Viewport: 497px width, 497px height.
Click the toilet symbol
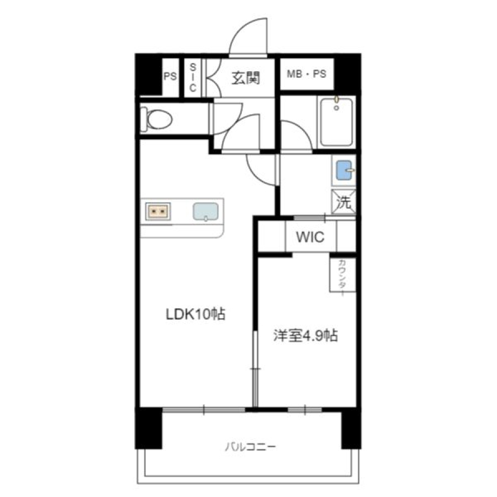pyautogui.click(x=157, y=119)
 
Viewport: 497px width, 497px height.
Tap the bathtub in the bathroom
pyautogui.click(x=336, y=123)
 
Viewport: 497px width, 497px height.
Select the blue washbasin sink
pyautogui.click(x=343, y=170)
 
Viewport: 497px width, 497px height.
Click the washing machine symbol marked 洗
pyautogui.click(x=343, y=202)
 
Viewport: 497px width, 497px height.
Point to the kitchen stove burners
pyautogui.click(x=158, y=211)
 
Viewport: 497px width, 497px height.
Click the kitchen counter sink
pyautogui.click(x=206, y=212)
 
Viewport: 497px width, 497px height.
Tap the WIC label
pyautogui.click(x=310, y=237)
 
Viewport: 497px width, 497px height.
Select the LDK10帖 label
pyautogui.click(x=195, y=314)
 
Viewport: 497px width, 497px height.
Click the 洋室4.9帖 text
pyautogui.click(x=305, y=336)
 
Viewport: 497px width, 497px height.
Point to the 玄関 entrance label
pyautogui.click(x=246, y=78)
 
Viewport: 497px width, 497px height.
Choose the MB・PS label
pyautogui.click(x=306, y=74)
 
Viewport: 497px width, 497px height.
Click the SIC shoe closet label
pyautogui.click(x=193, y=77)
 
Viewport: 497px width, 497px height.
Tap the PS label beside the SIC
pyautogui.click(x=170, y=76)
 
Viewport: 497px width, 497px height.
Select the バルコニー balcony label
pyautogui.click(x=250, y=447)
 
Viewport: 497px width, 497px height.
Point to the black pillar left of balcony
pyautogui.click(x=149, y=428)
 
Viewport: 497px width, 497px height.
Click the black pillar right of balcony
pyautogui.click(x=351, y=428)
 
